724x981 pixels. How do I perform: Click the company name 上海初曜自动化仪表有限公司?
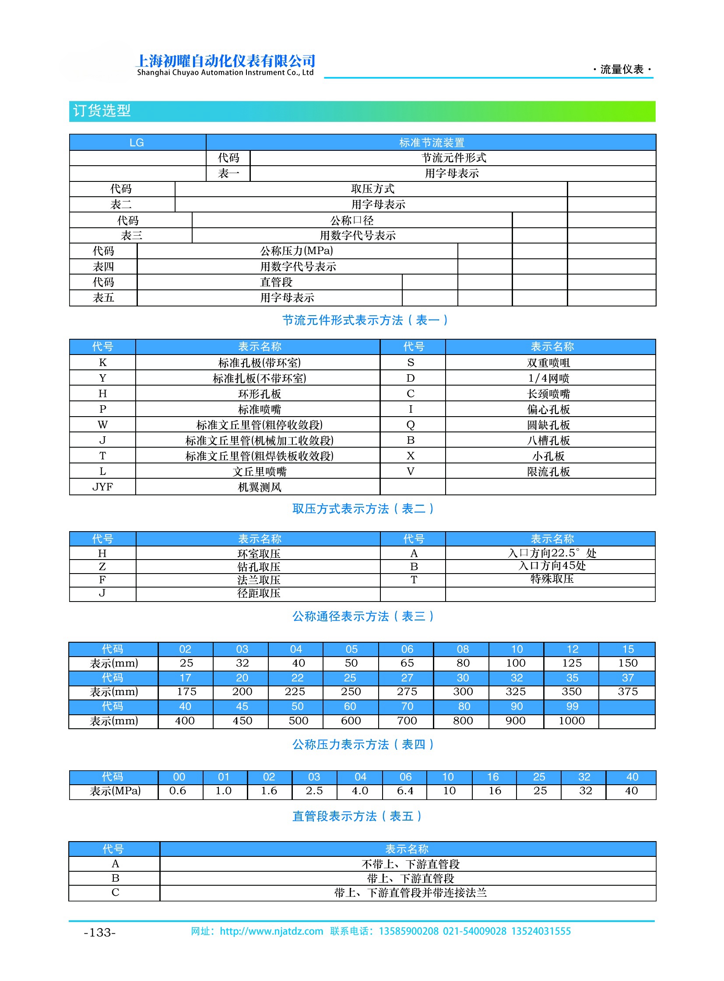[226, 60]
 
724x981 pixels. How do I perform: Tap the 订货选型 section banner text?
[102, 111]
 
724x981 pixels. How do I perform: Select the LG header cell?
[137, 143]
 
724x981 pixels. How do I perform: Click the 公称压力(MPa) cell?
[297, 251]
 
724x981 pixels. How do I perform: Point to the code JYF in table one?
[102, 487]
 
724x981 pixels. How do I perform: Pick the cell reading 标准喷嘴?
[259, 410]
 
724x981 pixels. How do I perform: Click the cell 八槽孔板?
[549, 441]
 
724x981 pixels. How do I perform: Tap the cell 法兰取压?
[259, 581]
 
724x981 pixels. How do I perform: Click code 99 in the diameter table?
[573, 707]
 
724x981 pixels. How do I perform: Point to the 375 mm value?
[628, 692]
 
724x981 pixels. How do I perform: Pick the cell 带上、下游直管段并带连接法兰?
[410, 893]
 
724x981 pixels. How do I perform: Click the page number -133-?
[100, 933]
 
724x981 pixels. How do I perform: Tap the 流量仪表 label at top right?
[622, 70]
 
